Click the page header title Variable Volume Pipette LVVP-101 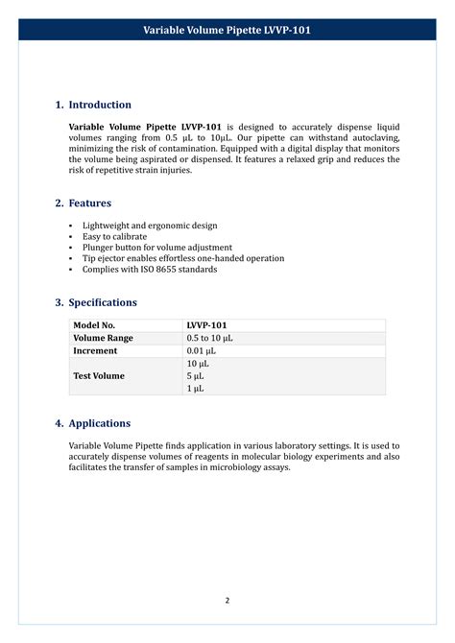tap(227, 31)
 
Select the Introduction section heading tap(100, 105)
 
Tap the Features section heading tap(89, 203)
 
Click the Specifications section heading tap(103, 302)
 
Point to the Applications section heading tap(99, 423)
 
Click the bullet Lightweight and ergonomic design tap(150, 226)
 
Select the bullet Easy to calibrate tap(114, 236)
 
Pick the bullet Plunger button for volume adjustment tap(156, 248)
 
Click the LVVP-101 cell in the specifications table tap(206, 325)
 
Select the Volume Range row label tap(103, 339)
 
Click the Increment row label tap(95, 351)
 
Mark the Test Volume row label tap(99, 376)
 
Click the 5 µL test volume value tap(195, 376)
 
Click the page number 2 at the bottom tap(227, 601)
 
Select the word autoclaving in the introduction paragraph tap(372, 138)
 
